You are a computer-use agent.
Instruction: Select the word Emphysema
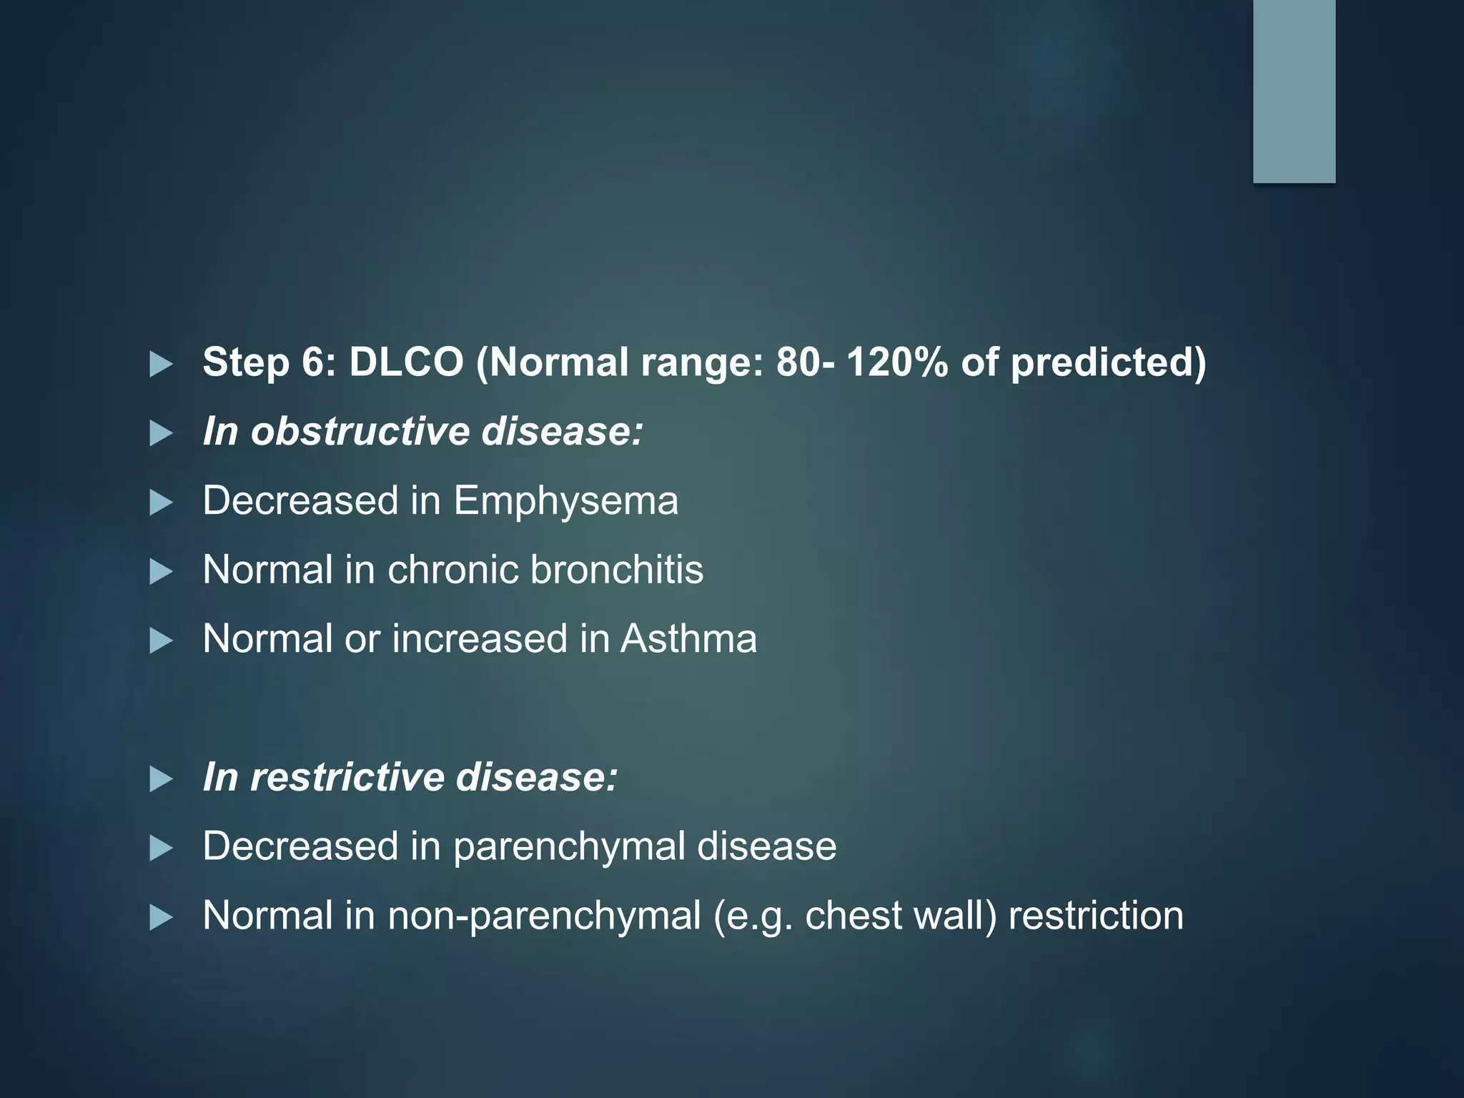565,500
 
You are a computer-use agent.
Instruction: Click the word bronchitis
616,570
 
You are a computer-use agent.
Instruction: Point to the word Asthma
688,638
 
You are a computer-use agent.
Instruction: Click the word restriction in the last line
1096,916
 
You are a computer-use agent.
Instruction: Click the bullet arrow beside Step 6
161,365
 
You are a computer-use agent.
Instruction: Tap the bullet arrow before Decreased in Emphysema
161,503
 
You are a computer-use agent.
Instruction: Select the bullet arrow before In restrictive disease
161,780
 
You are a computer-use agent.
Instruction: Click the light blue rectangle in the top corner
1294,91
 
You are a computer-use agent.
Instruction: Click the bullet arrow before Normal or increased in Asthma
161,641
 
